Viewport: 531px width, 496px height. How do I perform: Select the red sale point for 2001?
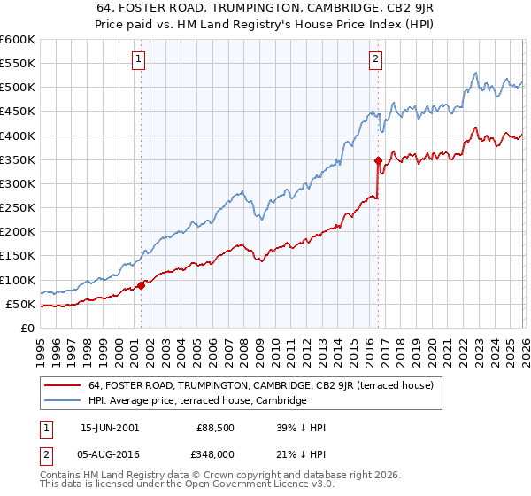pos(141,285)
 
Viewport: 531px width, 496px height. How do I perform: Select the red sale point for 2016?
pos(378,160)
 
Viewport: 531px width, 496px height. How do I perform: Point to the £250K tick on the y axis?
pos(18,208)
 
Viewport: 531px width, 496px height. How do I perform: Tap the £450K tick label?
pos(18,112)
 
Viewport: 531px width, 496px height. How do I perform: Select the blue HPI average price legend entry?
pos(196,400)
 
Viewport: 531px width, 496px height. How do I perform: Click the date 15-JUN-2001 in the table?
pos(109,427)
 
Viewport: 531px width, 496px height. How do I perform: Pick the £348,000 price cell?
pos(217,455)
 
